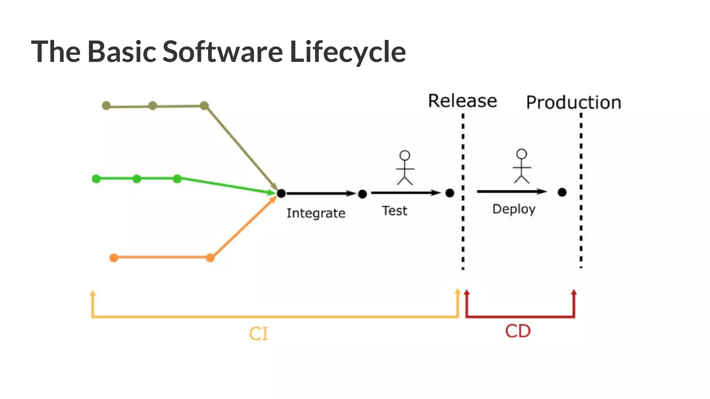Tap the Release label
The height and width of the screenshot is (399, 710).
(x=462, y=101)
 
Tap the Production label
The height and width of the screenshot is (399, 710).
(x=573, y=103)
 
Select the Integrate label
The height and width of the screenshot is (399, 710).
(x=316, y=213)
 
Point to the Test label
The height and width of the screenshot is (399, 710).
(x=395, y=211)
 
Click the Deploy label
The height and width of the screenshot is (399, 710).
(x=514, y=209)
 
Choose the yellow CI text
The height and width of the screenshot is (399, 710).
(x=259, y=334)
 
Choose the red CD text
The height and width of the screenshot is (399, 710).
(x=518, y=331)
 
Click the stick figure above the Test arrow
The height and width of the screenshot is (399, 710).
(x=405, y=168)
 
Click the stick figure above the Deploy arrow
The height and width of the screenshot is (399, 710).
(x=522, y=166)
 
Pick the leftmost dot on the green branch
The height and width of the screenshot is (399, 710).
(x=96, y=179)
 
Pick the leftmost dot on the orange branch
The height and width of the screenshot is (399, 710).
(x=114, y=258)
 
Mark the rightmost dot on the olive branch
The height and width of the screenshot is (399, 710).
(x=205, y=106)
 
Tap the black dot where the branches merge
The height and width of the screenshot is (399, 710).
(x=281, y=193)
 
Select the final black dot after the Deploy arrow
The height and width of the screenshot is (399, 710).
(x=562, y=192)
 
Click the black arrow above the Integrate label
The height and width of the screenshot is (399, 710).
(x=321, y=193)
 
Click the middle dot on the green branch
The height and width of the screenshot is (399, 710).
(x=137, y=179)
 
